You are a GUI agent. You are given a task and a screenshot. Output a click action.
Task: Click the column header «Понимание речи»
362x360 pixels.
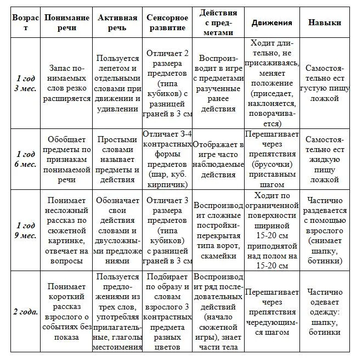pos(67,23)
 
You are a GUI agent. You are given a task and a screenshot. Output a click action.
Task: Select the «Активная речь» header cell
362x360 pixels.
pos(117,23)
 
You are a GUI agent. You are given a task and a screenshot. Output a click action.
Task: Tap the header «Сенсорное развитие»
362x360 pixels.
pos(167,23)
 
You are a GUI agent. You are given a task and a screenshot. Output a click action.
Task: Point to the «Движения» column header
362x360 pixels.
pos(271,23)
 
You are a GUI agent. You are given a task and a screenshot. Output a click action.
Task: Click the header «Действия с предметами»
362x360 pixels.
pos(218,23)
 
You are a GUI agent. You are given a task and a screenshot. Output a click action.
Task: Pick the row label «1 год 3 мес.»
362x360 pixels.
pos(25,83)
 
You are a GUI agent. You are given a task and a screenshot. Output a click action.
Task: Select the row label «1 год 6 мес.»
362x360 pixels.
pos(25,159)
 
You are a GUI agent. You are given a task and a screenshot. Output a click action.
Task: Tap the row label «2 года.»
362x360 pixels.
pos(25,312)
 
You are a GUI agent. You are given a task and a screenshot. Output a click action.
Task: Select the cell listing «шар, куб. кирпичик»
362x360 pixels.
pos(167,159)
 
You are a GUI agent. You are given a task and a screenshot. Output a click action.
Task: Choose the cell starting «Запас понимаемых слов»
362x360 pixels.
pos(67,83)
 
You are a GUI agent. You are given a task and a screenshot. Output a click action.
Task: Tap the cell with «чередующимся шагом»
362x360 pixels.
pos(271,312)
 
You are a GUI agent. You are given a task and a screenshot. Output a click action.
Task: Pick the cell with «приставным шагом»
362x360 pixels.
pos(271,159)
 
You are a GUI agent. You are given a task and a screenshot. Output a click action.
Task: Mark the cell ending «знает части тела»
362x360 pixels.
pos(218,312)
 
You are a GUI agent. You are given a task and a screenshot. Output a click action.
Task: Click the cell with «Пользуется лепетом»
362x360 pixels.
pos(117,83)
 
